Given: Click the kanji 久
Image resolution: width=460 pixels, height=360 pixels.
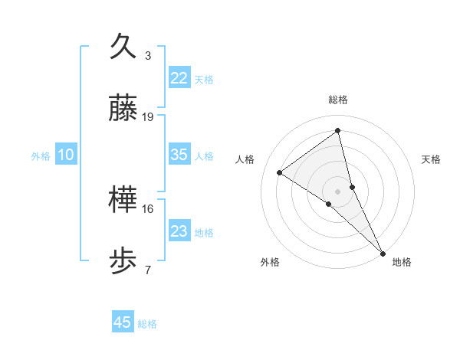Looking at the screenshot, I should (x=124, y=47).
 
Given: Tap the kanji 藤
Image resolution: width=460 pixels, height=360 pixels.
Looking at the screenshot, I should (x=124, y=109).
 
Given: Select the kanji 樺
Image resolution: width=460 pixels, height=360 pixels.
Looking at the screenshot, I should (x=124, y=201).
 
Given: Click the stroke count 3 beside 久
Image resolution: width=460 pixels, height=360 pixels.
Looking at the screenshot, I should (x=148, y=56).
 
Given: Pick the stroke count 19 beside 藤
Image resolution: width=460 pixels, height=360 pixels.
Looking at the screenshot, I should (x=148, y=117).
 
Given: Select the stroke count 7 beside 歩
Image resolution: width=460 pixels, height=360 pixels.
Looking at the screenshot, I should (x=148, y=270).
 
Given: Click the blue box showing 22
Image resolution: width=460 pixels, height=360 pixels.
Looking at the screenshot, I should (x=179, y=78).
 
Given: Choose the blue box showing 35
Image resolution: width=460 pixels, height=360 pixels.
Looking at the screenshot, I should (x=179, y=155).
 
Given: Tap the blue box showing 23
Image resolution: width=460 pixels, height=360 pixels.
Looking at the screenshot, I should (x=179, y=231).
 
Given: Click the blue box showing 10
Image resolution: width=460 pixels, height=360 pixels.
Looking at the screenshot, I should (x=66, y=155).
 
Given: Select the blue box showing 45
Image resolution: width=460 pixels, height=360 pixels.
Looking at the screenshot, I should (x=123, y=322).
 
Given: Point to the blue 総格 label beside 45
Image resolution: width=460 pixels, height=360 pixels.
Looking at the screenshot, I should (x=147, y=324).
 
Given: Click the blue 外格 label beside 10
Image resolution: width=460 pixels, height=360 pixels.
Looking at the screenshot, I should (x=41, y=156).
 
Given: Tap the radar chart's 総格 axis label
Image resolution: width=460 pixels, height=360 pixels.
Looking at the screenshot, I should (x=338, y=100).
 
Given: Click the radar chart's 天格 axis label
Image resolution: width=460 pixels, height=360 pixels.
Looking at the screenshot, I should (x=431, y=159).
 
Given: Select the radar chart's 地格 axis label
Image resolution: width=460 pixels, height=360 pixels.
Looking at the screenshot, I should (x=402, y=262).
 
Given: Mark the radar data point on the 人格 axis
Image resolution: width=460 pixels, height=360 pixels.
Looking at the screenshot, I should (x=280, y=172).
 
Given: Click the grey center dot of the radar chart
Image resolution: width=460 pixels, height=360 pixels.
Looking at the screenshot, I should (x=338, y=191).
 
